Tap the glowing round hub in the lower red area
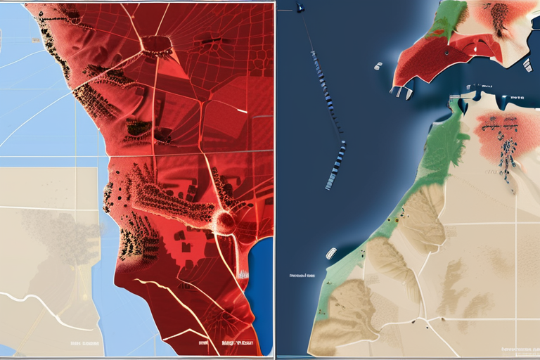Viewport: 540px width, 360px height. (225, 222)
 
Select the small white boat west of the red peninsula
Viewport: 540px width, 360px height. (378, 67)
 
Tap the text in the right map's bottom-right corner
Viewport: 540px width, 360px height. (517, 349)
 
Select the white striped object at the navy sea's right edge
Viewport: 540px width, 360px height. (527, 65)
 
